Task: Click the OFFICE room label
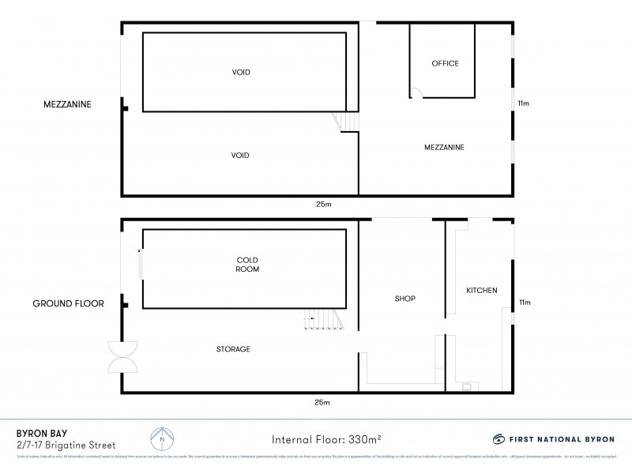pyautogui.click(x=445, y=63)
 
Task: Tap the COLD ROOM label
pyautogui.click(x=247, y=265)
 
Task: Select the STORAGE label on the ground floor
pyautogui.click(x=235, y=348)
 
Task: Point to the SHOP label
pyautogui.click(x=404, y=299)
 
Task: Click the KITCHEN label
pyautogui.click(x=481, y=291)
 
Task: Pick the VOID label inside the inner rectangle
pyautogui.click(x=242, y=72)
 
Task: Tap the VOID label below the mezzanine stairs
pyautogui.click(x=241, y=156)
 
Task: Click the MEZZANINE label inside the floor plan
pyautogui.click(x=443, y=147)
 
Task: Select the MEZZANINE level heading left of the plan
pyautogui.click(x=68, y=103)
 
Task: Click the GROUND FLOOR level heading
pyautogui.click(x=68, y=303)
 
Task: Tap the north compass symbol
pyautogui.click(x=162, y=439)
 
